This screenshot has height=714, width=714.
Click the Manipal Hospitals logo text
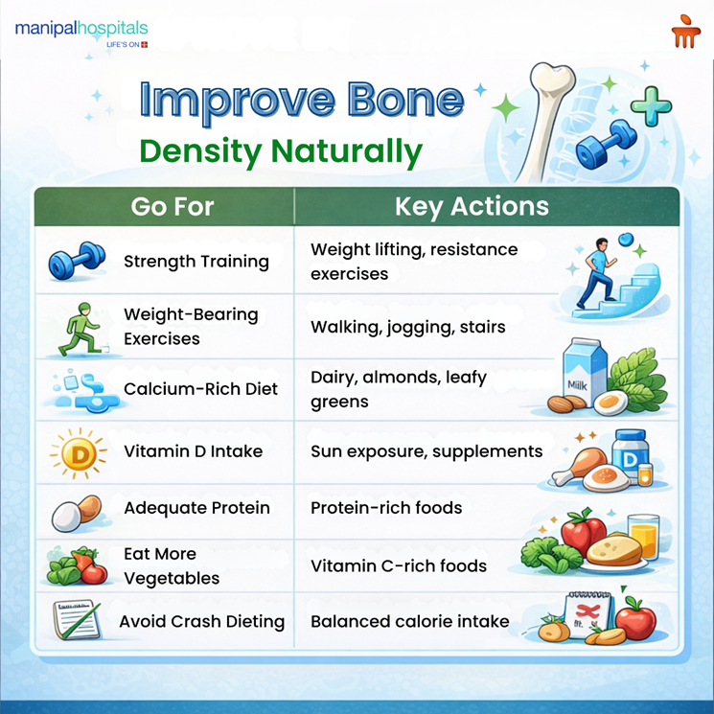(81, 29)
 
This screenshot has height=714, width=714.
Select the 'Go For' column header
(173, 206)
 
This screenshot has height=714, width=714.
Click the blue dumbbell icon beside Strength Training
(76, 262)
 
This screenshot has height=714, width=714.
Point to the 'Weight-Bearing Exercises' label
(191, 326)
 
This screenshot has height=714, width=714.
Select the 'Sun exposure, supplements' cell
(426, 451)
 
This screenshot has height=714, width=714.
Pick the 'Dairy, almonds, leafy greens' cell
(399, 389)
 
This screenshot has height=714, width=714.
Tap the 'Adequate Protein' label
(196, 508)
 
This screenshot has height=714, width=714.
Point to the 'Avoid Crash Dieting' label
(201, 621)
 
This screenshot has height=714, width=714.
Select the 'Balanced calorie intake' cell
(410, 621)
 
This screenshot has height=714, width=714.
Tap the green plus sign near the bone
(650, 105)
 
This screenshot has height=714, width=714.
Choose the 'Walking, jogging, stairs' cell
(407, 327)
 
